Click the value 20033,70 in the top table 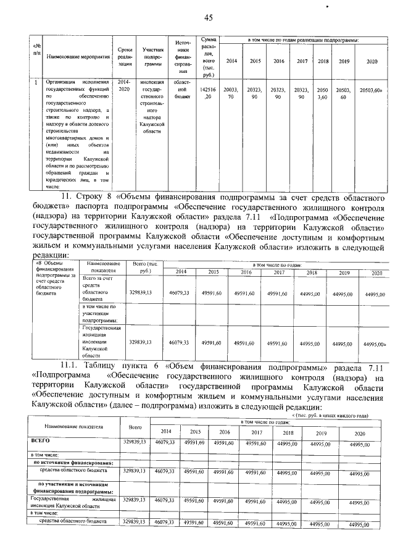click(x=231, y=93)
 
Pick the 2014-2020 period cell click(x=125, y=85)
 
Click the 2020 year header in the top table click(x=372, y=61)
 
